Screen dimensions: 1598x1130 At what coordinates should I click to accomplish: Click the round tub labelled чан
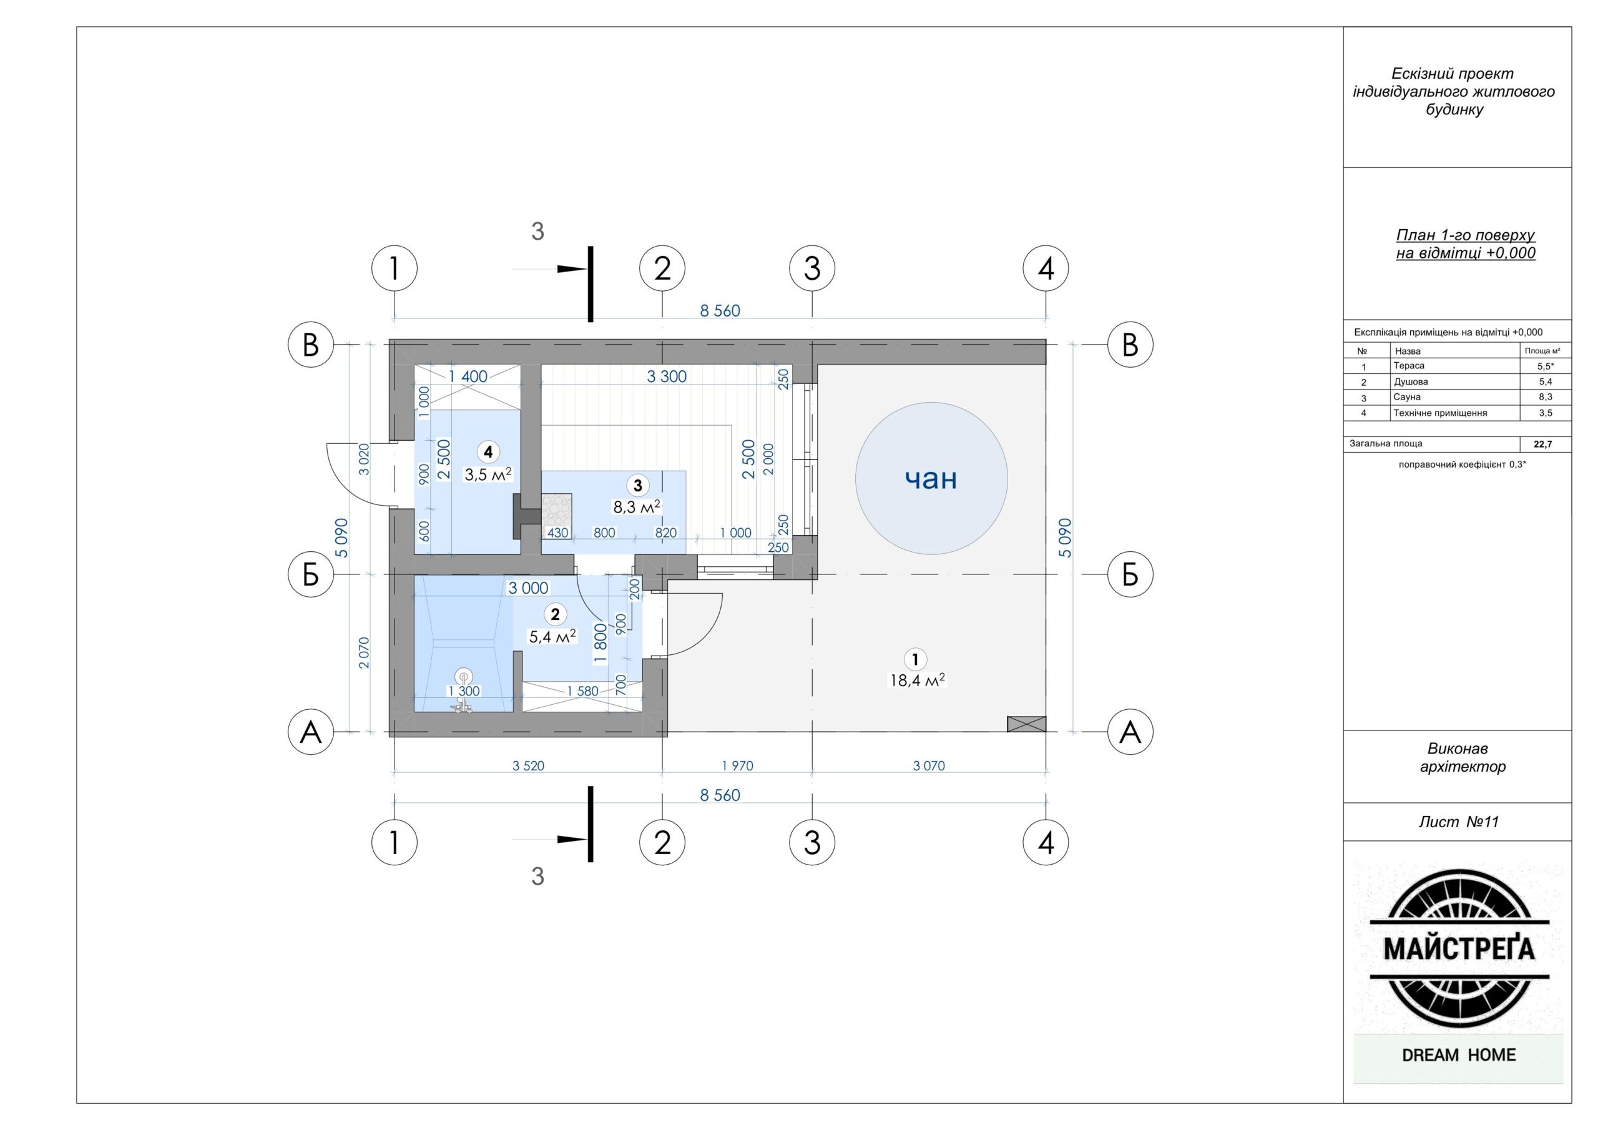click(x=931, y=478)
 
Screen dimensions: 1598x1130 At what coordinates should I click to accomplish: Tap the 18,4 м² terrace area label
click(x=918, y=680)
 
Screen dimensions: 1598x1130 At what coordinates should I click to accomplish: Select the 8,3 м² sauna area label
click(x=636, y=507)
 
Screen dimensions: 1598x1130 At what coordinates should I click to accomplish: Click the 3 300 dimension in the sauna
click(x=666, y=376)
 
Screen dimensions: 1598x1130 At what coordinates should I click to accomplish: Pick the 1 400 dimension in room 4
click(x=467, y=376)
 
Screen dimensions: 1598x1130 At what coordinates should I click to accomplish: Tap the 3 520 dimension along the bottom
click(x=528, y=766)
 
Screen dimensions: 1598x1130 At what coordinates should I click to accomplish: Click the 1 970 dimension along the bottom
click(x=737, y=766)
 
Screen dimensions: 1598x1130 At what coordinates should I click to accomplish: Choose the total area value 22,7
click(x=1542, y=445)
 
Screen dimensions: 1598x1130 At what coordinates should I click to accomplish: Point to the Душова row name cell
click(x=1411, y=381)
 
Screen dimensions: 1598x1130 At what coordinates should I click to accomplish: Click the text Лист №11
click(x=1458, y=822)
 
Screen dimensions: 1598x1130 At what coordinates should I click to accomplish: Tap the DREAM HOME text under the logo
click(x=1459, y=1055)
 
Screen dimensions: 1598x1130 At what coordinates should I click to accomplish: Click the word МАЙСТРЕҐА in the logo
click(x=1459, y=948)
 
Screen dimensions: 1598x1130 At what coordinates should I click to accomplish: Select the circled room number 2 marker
click(x=555, y=614)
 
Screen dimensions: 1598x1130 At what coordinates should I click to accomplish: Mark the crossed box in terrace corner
click(x=1027, y=724)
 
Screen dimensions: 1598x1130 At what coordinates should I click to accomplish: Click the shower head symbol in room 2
click(x=463, y=676)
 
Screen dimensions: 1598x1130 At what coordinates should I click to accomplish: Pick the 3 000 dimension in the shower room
click(x=528, y=588)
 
